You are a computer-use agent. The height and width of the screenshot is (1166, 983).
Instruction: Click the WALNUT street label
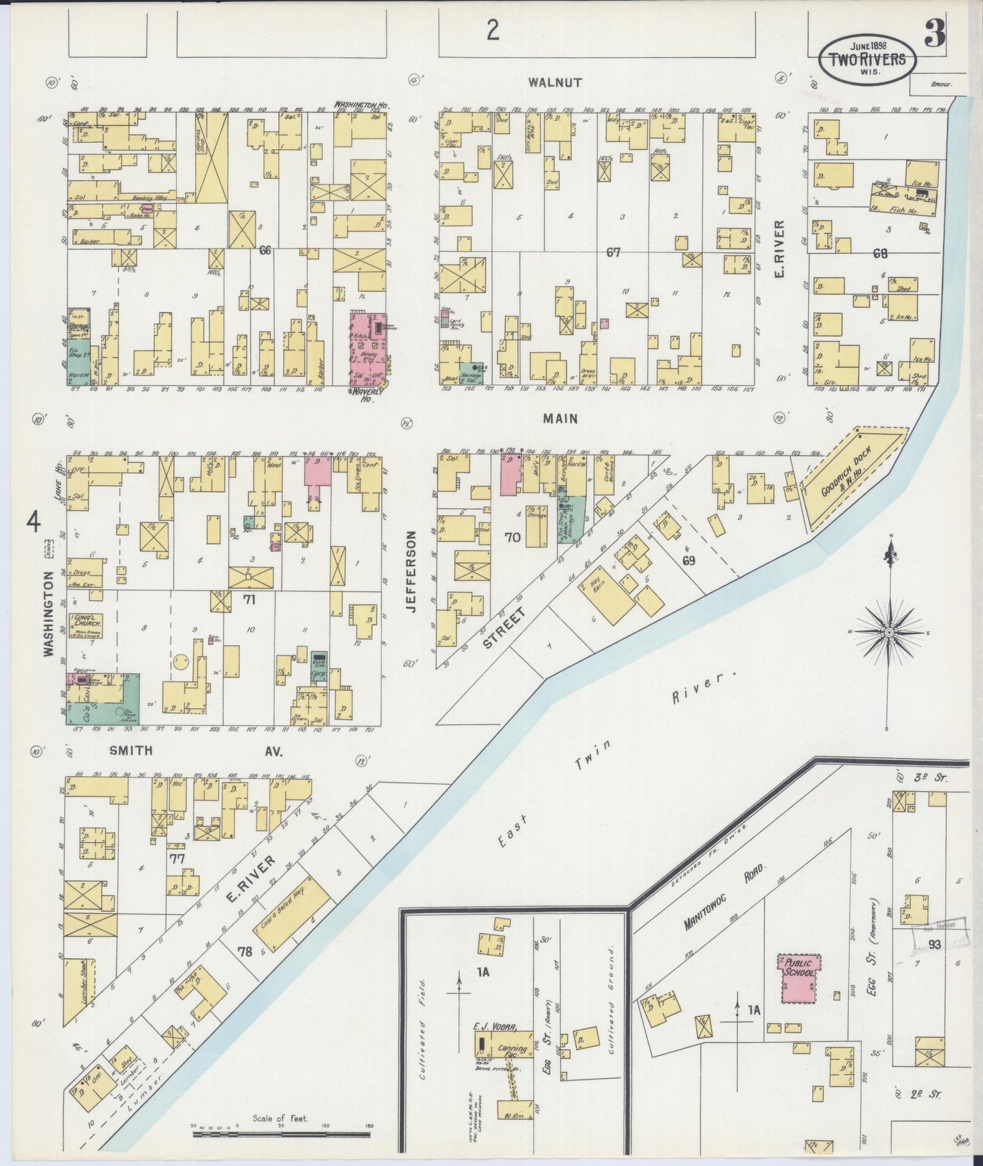555,82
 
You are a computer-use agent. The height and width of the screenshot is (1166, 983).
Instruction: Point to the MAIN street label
561,418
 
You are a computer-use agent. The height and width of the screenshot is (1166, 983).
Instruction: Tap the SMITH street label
130,751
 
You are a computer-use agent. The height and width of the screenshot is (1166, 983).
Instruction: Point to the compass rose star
888,633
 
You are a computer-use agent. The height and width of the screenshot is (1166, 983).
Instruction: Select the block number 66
265,251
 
